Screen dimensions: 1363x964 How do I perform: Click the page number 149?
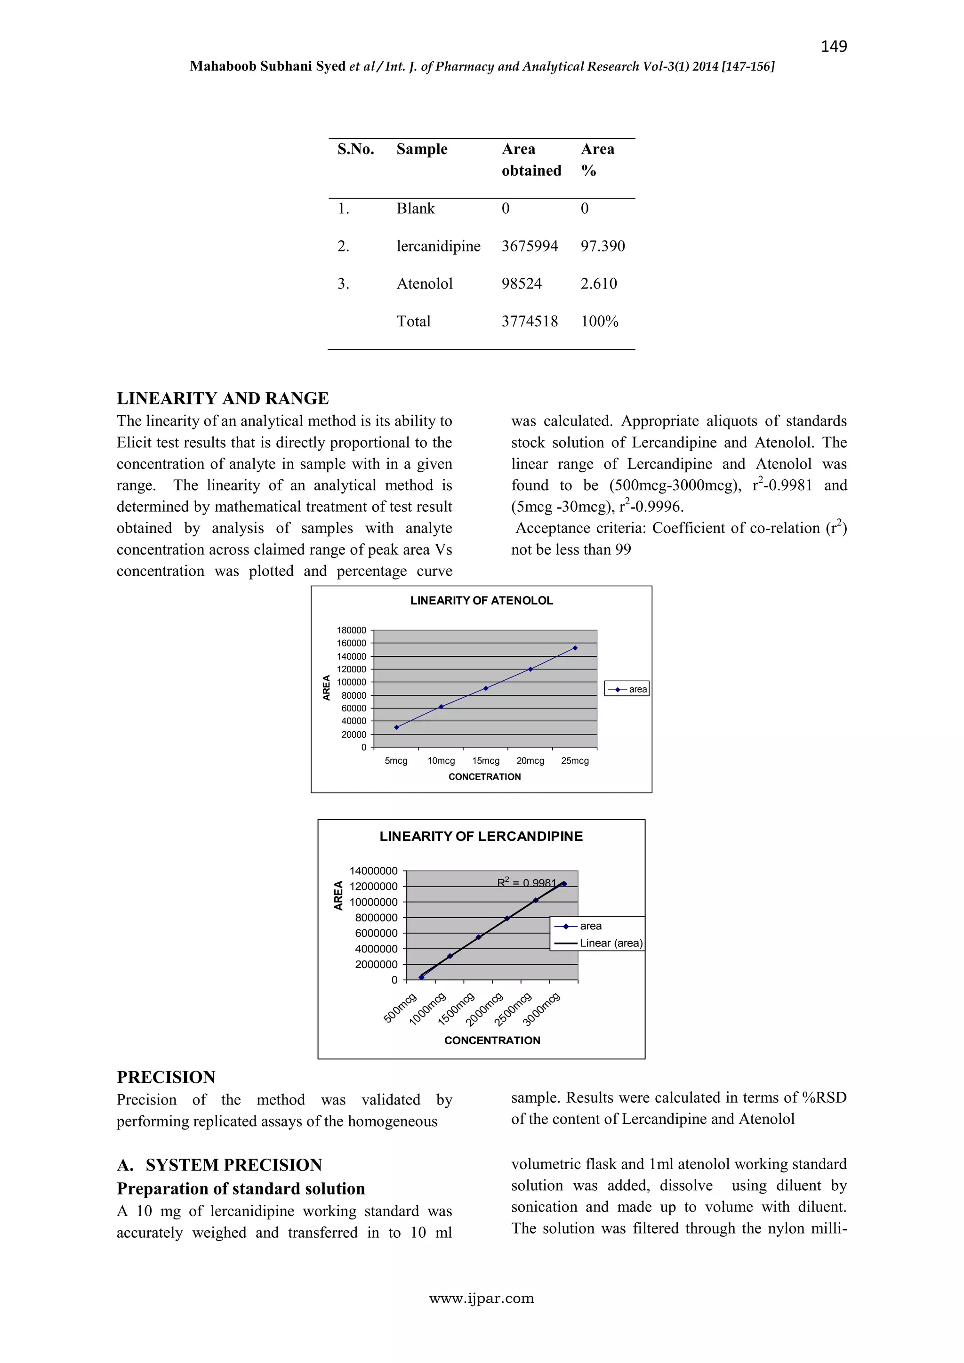(834, 46)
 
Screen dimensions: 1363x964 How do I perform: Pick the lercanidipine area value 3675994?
(530, 246)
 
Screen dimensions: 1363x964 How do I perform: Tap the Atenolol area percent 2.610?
(598, 284)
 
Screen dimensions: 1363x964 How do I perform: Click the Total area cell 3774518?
(530, 321)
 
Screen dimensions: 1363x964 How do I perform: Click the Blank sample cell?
(416, 209)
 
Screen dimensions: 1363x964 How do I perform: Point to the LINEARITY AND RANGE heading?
(223, 398)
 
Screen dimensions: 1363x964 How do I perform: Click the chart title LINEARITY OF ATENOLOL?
(482, 600)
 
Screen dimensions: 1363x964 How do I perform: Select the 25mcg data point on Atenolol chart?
(575, 648)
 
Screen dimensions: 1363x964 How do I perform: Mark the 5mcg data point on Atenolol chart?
(396, 727)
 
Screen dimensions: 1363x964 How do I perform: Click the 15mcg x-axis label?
(486, 761)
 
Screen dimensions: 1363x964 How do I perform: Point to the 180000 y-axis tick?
(352, 630)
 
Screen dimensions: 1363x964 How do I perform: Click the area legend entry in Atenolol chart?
(627, 689)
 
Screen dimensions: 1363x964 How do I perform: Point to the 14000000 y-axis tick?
(373, 871)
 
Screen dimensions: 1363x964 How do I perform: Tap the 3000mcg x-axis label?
(541, 1009)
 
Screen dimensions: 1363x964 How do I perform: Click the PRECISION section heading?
(166, 1078)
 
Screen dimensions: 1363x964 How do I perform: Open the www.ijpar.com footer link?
(482, 1298)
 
